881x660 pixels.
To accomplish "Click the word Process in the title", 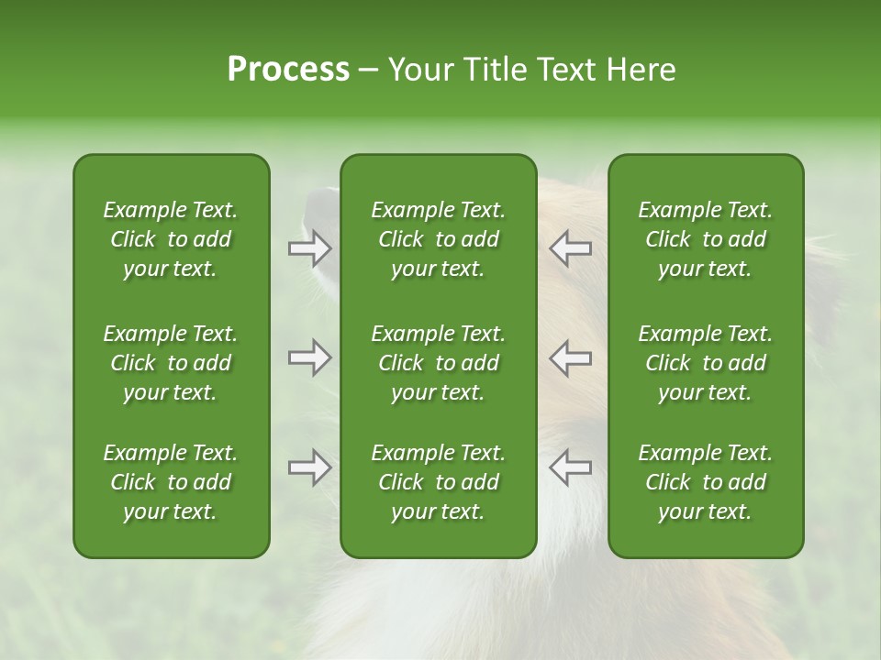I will (x=288, y=70).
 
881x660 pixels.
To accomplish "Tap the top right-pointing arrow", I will (x=310, y=248).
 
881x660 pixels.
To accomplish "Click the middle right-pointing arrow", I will (x=310, y=357).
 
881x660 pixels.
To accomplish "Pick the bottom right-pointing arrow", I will (x=310, y=467).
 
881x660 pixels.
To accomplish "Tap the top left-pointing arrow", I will (x=571, y=248).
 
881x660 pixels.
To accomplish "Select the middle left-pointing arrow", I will (x=571, y=357).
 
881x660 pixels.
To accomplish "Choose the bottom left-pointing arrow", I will (x=571, y=467).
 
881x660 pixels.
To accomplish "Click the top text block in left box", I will (x=171, y=239).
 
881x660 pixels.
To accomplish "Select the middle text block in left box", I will (x=171, y=363).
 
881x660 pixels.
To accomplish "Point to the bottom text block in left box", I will (x=171, y=482).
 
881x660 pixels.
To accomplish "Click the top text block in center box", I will (x=438, y=239).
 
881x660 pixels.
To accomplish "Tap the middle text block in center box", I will (x=438, y=363).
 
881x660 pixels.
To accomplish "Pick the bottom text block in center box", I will (x=438, y=482).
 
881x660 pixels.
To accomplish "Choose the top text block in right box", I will (x=705, y=239).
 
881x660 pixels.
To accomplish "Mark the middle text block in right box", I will (x=705, y=363).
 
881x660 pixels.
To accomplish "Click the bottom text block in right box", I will (x=705, y=482).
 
